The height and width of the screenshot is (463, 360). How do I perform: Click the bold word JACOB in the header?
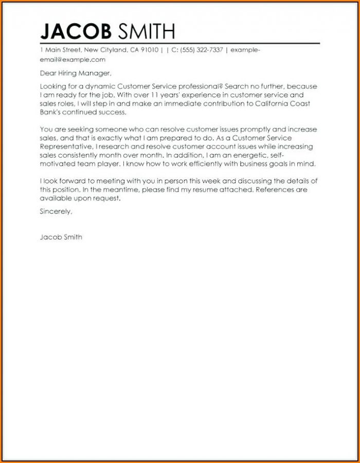coord(75,31)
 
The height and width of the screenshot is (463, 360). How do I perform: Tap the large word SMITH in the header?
coord(147,31)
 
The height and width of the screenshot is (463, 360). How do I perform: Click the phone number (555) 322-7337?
coord(202,50)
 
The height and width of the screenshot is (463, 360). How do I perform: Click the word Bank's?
coord(50,113)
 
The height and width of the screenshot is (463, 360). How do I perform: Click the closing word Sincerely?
coord(56,211)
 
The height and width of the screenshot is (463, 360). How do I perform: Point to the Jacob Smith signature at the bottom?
coord(61,237)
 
